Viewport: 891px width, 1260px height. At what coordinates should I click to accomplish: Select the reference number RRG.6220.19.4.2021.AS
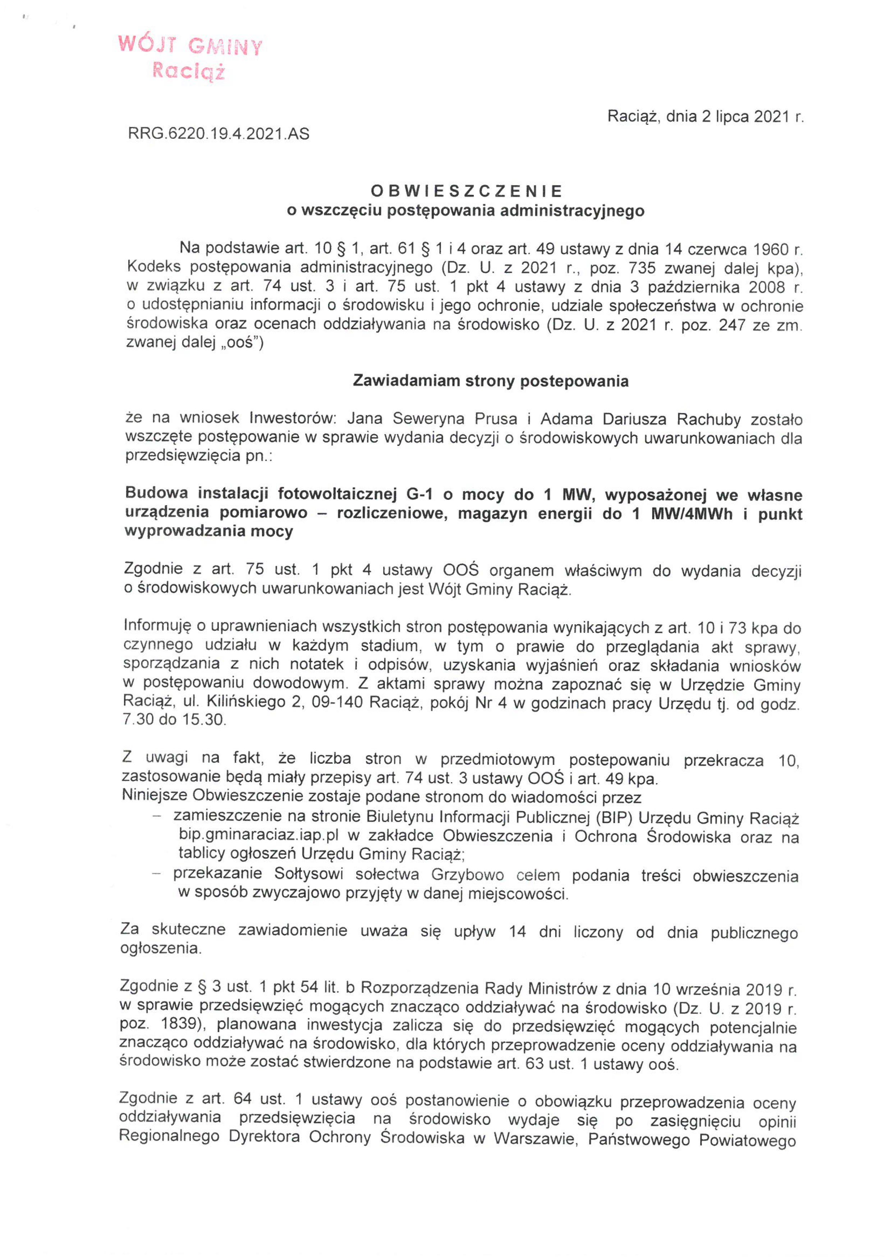(x=219, y=133)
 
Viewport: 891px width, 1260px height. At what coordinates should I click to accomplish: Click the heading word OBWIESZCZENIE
(x=467, y=191)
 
